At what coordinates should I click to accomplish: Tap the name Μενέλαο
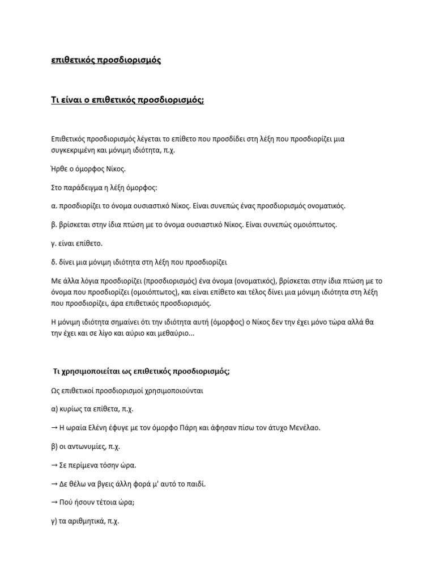pos(304,427)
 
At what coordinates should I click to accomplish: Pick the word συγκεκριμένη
pos(77,150)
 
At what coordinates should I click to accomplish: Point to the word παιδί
pos(194,484)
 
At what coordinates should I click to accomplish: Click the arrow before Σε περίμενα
pos(54,465)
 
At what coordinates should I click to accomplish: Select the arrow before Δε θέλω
pos(54,484)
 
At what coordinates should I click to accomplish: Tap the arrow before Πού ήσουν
pos(54,503)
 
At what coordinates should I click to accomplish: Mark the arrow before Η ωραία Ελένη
pos(54,427)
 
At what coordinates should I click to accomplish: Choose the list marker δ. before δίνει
pos(54,262)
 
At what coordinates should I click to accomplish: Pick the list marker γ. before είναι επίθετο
pos(54,243)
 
